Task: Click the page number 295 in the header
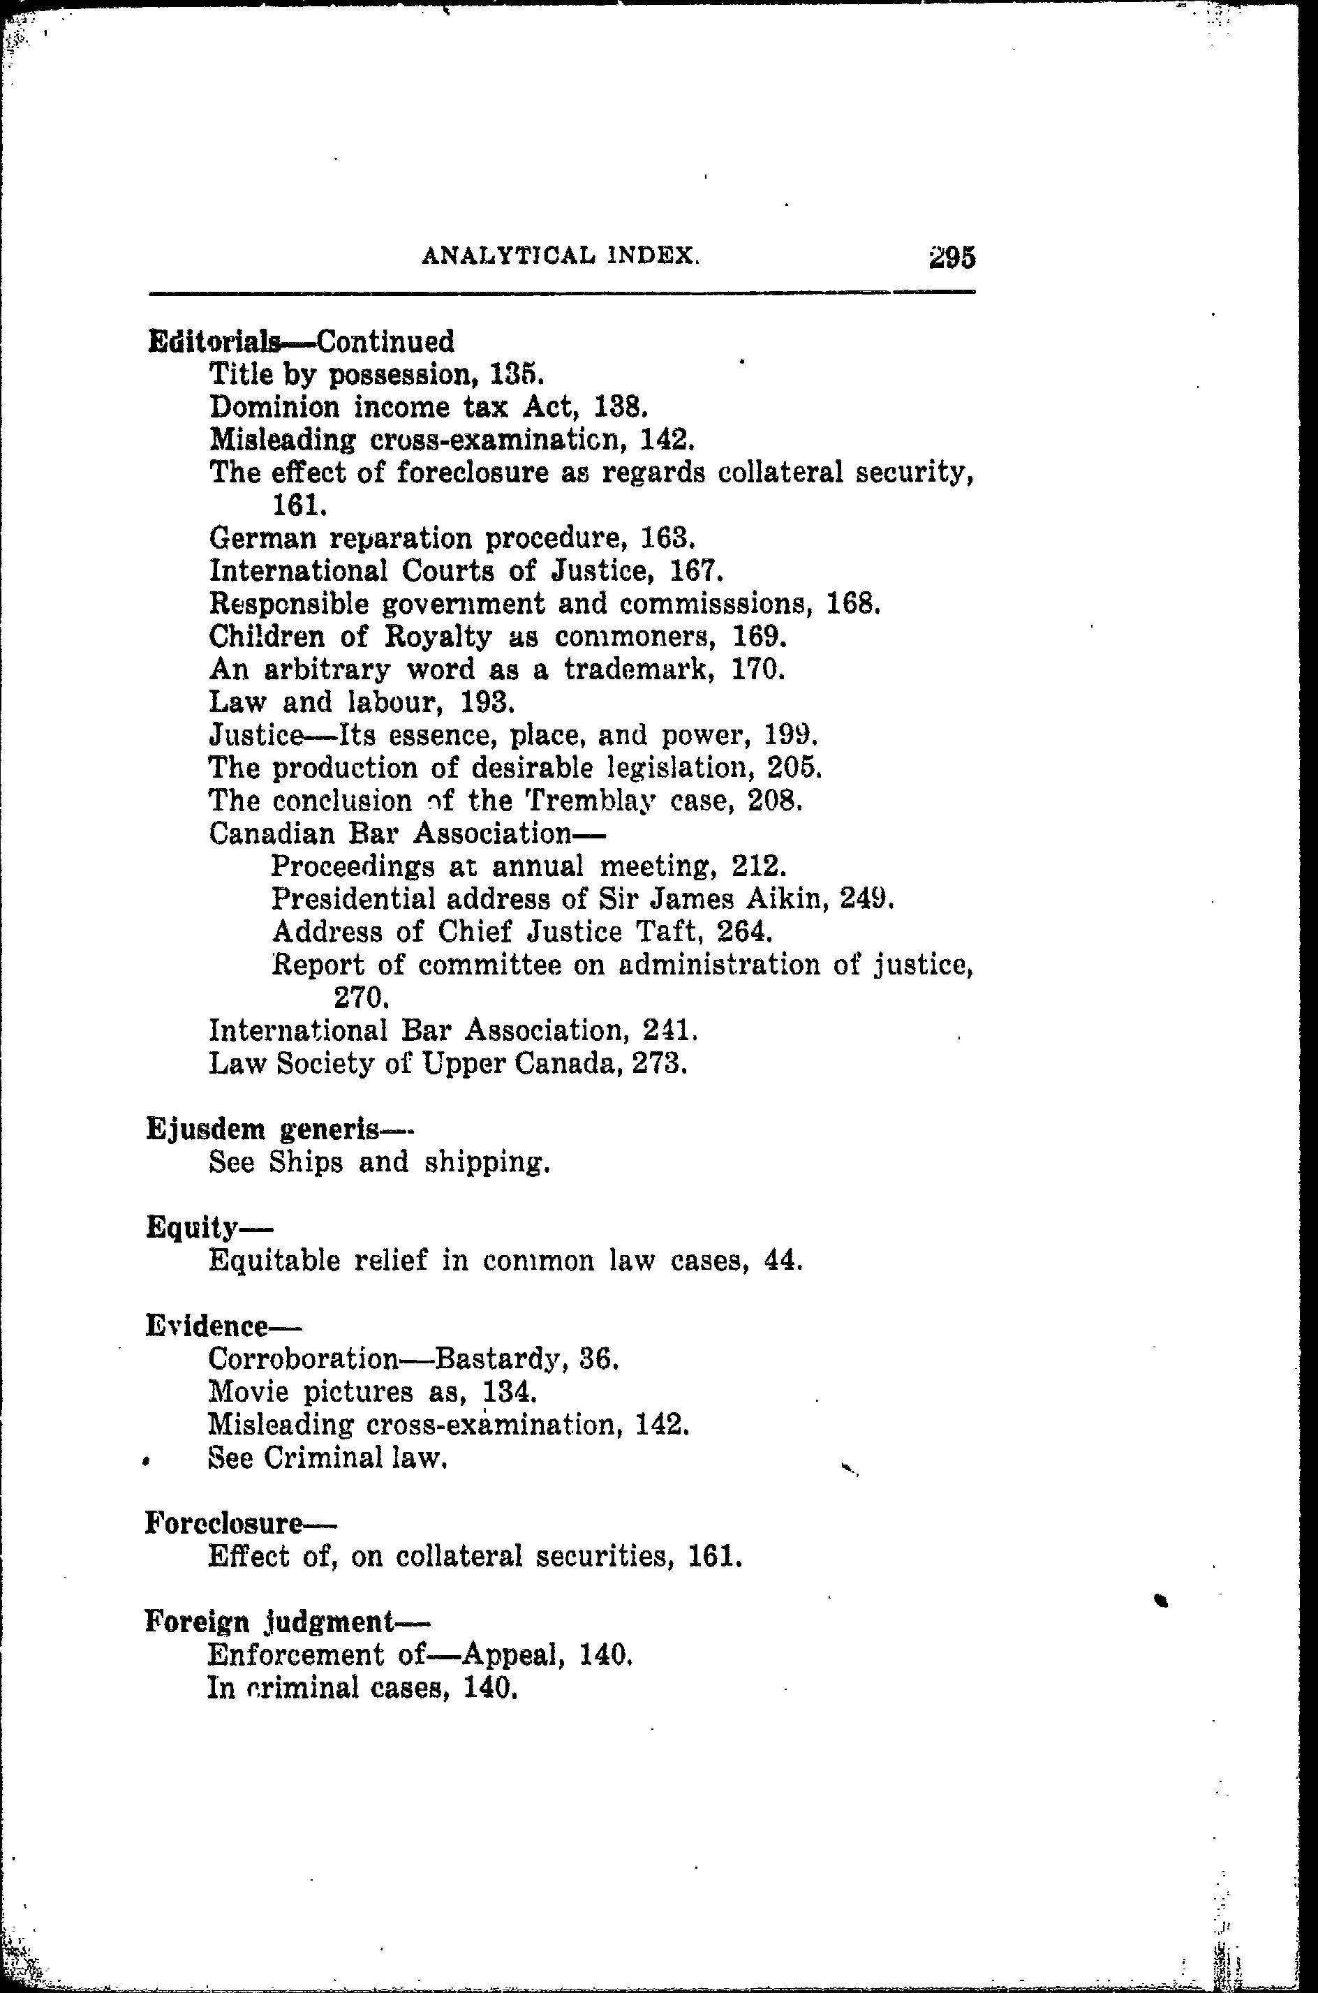point(952,257)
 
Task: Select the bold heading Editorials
point(214,341)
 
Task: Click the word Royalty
point(438,637)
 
